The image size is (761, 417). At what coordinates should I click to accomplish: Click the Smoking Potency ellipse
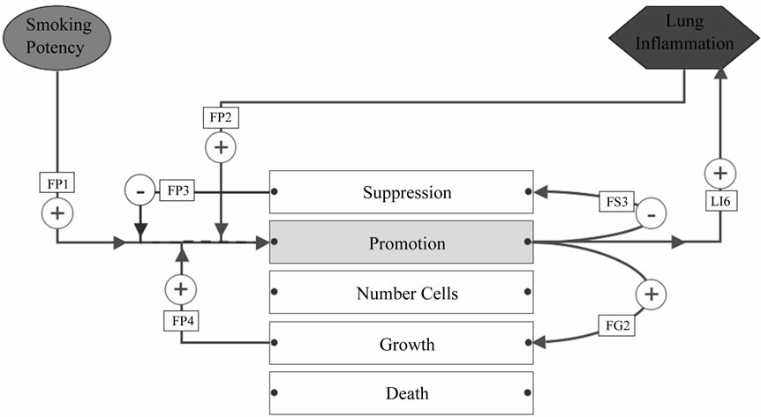coord(57,37)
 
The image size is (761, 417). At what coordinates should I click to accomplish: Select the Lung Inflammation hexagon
coord(684,37)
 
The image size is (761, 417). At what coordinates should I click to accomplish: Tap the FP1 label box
coord(57,182)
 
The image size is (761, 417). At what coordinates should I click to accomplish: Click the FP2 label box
coord(221,118)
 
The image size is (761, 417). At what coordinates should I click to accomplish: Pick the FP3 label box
coord(177,190)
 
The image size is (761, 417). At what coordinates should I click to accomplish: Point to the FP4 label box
coord(181,321)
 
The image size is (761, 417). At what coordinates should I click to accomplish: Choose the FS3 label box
coord(617,201)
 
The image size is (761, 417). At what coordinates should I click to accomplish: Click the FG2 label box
coord(617,325)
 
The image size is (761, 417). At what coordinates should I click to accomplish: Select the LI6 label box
coord(720,201)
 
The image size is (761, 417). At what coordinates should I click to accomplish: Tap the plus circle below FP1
coord(57,213)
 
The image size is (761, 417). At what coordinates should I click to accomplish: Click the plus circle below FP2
coord(221,147)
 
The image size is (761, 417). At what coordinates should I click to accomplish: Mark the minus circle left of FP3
coord(140,191)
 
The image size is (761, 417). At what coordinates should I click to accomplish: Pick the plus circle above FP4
coord(181,289)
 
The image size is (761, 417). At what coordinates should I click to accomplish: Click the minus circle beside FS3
coord(652,214)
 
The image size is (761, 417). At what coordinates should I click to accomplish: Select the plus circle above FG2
coord(652,294)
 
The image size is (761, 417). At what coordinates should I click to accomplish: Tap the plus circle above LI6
coord(720,173)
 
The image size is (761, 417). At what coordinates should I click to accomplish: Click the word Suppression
coord(407,192)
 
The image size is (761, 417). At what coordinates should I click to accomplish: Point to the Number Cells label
coord(407,294)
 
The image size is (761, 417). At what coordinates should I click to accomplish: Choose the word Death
coord(407,393)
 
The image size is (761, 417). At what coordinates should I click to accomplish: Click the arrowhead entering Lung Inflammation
coord(720,72)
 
